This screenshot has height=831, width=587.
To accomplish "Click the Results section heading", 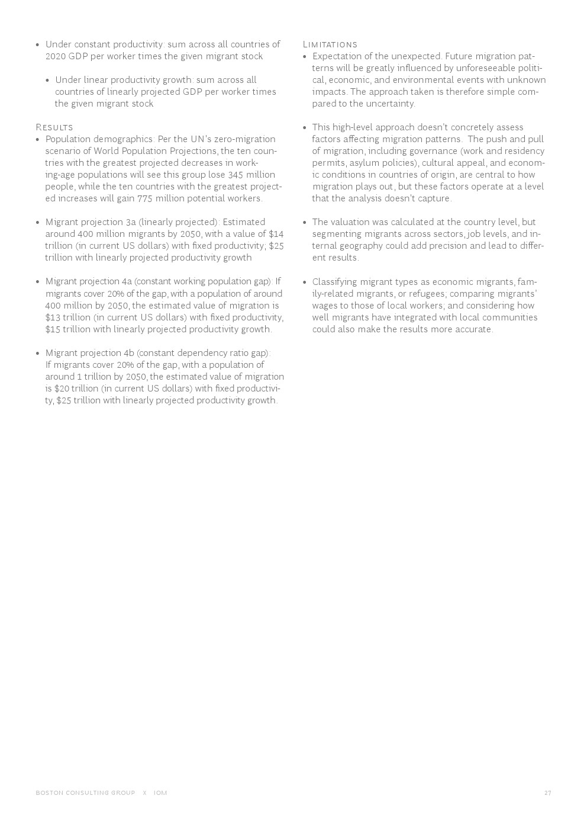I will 54,127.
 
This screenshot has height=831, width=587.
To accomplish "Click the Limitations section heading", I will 330,44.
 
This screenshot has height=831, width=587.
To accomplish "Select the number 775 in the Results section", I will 144,198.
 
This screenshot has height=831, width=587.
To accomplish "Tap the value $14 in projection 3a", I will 276,234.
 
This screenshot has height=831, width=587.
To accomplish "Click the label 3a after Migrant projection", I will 130,222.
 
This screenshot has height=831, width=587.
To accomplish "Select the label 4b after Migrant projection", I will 129,353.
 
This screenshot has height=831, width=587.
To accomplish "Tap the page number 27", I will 547,793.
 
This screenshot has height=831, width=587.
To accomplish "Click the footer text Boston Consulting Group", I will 85,793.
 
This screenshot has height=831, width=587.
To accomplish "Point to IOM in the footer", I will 160,793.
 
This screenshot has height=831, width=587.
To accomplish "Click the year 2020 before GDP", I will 56,56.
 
